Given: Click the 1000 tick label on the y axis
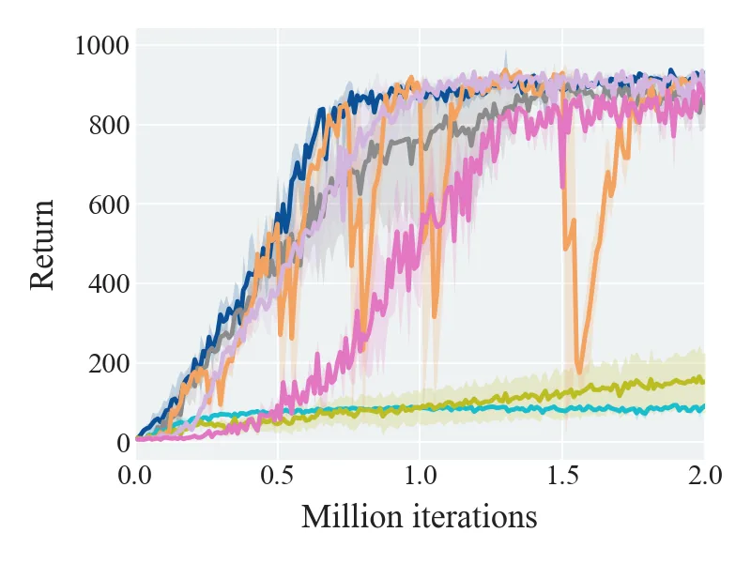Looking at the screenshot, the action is pyautogui.click(x=102, y=46).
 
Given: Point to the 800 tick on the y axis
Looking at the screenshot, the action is pyautogui.click(x=109, y=126).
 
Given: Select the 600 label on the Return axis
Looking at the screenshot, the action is pyautogui.click(x=109, y=205).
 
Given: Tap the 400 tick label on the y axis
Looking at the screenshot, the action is pyautogui.click(x=109, y=284).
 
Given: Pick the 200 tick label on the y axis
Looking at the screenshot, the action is pyautogui.click(x=109, y=364).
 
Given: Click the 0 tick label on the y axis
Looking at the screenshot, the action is pyautogui.click(x=123, y=443).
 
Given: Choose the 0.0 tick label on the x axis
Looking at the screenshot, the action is pyautogui.click(x=135, y=477).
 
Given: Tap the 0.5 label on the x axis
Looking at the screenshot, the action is pyautogui.click(x=277, y=477).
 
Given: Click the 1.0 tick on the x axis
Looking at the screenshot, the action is pyautogui.click(x=420, y=477).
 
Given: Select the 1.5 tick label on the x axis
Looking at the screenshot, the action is pyautogui.click(x=562, y=477).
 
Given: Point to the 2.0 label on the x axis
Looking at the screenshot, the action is pyautogui.click(x=705, y=477).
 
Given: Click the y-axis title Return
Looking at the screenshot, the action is pyautogui.click(x=42, y=245).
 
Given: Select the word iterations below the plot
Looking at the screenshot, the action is pyautogui.click(x=475, y=518).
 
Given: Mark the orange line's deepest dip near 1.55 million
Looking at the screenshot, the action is pyautogui.click(x=579, y=372).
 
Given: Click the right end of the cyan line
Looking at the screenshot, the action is pyautogui.click(x=703, y=407).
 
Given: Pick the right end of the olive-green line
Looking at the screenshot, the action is pyautogui.click(x=703, y=382).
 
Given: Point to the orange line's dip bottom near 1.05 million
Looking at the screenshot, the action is pyautogui.click(x=435, y=316).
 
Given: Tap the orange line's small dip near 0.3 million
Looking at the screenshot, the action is pyautogui.click(x=221, y=404).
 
